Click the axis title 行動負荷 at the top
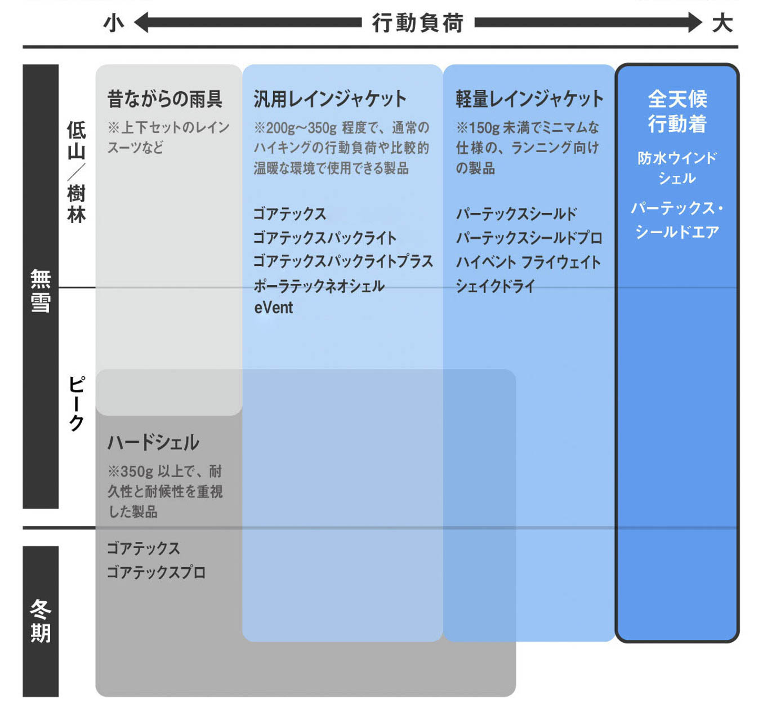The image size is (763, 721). click(x=417, y=23)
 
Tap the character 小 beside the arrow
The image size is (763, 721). click(x=114, y=23)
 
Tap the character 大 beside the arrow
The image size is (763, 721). click(x=722, y=23)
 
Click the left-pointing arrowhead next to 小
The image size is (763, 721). click(x=141, y=23)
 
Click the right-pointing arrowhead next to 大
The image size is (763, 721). click(x=694, y=23)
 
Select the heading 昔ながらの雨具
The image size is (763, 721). click(x=164, y=99)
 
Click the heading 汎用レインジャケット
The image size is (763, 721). click(x=329, y=99)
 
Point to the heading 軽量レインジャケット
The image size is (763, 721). click(x=529, y=99)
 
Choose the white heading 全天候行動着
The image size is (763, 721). click(x=677, y=112)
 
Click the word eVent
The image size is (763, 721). click(x=274, y=308)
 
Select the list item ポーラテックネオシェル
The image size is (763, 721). click(x=319, y=286)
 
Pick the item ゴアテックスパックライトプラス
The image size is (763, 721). click(x=343, y=261)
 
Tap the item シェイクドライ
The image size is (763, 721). click(x=495, y=286)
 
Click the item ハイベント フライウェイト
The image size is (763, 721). click(x=528, y=262)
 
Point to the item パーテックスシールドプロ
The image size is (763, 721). click(x=529, y=238)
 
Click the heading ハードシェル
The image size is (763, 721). click(x=153, y=443)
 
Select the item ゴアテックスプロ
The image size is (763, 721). click(x=156, y=572)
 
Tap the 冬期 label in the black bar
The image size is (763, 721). click(x=41, y=621)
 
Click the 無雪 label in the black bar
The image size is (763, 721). click(x=41, y=291)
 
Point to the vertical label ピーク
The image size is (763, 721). click(x=77, y=403)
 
